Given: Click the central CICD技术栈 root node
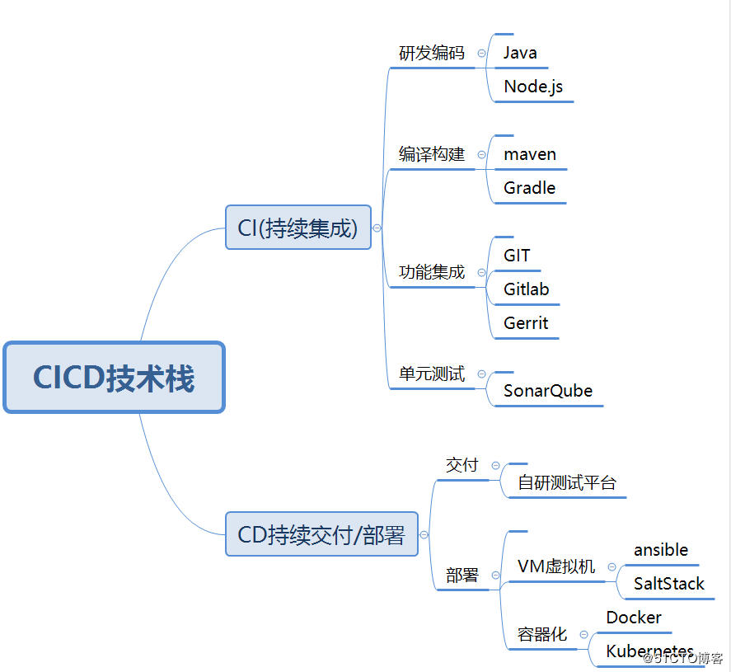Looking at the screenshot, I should [x=114, y=378].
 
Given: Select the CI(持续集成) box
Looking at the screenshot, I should [x=298, y=228].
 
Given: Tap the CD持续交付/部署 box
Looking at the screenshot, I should [x=321, y=534].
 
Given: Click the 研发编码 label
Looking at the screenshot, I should [x=432, y=54].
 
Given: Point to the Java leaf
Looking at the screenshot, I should [x=520, y=53].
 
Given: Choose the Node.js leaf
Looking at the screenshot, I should [x=533, y=87].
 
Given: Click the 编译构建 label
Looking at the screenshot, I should [x=432, y=154].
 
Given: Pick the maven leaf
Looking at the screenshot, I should [x=530, y=154].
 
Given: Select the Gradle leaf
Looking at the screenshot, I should [x=529, y=188].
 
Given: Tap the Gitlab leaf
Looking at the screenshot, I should [x=526, y=289].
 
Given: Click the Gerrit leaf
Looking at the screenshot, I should [x=526, y=323].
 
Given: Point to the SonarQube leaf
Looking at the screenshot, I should [x=548, y=391].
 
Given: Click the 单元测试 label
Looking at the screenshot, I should [x=432, y=374].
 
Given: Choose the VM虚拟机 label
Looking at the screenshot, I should [x=556, y=566].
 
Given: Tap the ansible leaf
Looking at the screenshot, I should [x=661, y=550].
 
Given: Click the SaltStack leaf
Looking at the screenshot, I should [x=669, y=584].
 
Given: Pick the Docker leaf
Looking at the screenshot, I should [x=634, y=618].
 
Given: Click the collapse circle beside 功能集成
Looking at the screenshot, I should [x=481, y=273].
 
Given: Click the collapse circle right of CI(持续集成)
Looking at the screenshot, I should [x=377, y=228].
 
